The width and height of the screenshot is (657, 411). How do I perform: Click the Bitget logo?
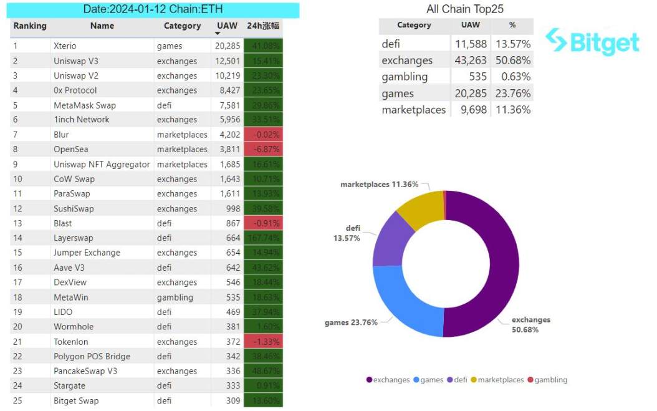[592, 42]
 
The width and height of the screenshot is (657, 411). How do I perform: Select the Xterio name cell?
[65, 46]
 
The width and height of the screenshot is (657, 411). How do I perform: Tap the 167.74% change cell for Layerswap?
[263, 238]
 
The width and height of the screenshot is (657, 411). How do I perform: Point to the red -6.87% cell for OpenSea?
[263, 149]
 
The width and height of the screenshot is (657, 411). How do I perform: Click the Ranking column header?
[30, 26]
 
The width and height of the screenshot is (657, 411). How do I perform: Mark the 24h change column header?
[263, 26]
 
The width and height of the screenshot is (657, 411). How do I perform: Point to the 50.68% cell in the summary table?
[512, 60]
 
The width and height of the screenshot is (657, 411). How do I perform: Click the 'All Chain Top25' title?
[464, 9]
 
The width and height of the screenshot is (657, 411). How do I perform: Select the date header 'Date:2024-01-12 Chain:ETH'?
[153, 9]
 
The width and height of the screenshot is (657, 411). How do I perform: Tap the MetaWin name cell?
[71, 297]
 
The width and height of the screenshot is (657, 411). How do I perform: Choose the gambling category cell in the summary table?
[405, 77]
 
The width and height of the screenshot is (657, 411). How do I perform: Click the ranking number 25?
[17, 401]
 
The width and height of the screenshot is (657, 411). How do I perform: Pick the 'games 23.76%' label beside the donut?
[351, 322]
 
